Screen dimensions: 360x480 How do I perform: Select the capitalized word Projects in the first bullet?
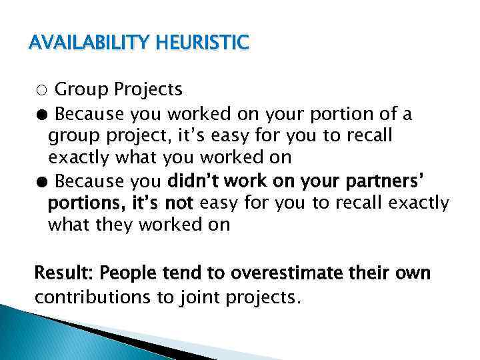click(x=148, y=89)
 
